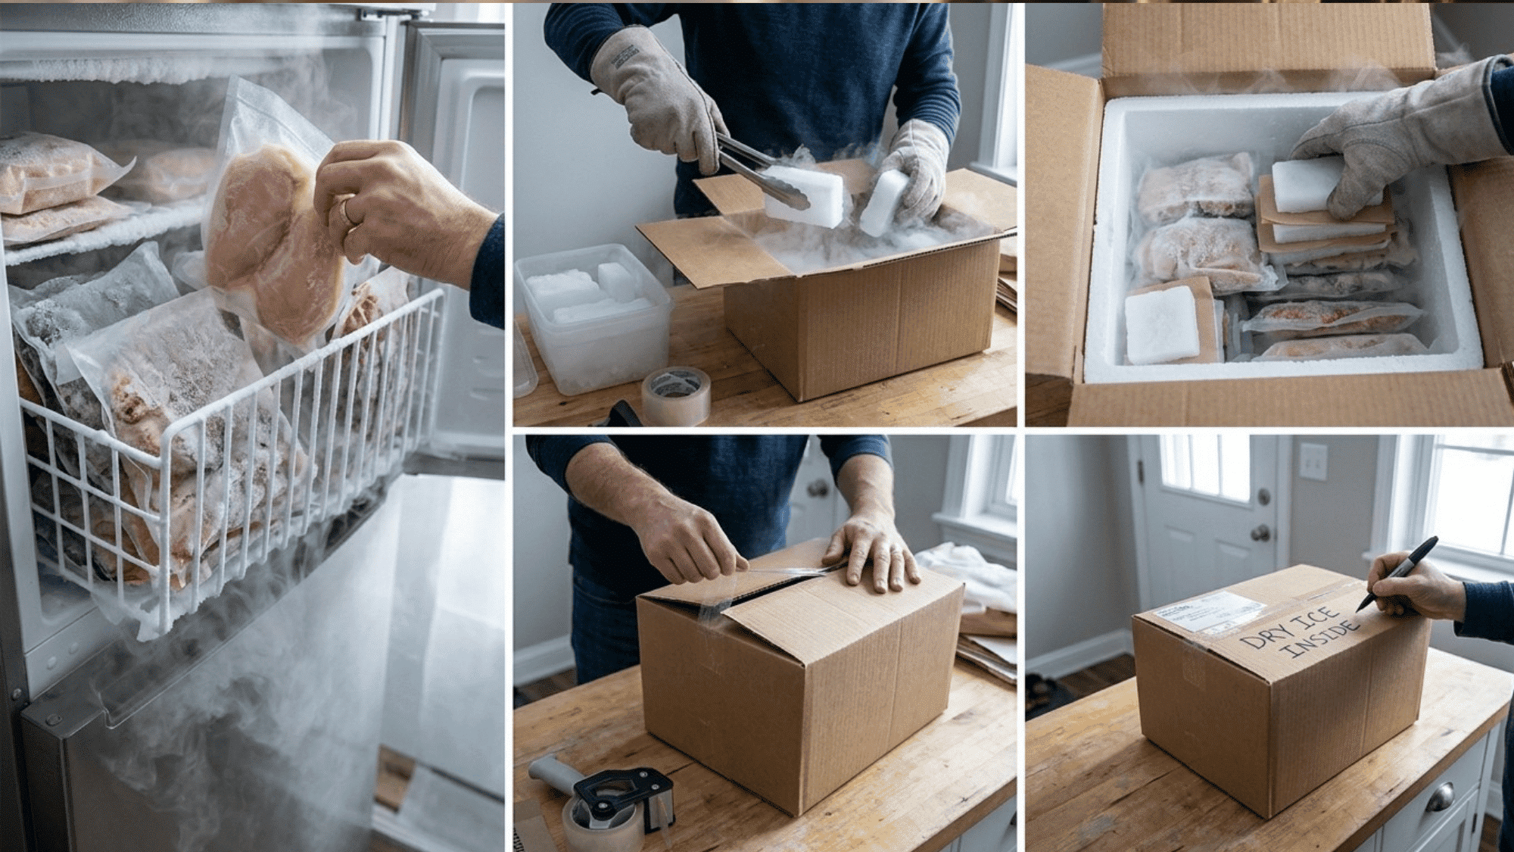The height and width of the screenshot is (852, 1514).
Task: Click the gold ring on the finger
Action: click(x=350, y=211)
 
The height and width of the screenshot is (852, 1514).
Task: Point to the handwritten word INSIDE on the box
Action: click(x=1321, y=640)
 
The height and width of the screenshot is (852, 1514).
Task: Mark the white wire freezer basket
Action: click(x=227, y=454)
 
